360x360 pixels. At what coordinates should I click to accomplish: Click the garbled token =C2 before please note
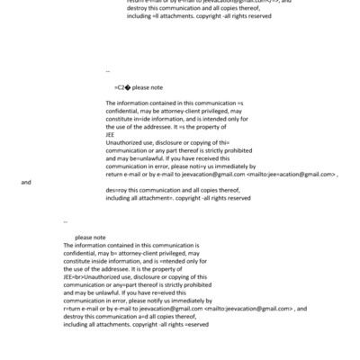click(121, 88)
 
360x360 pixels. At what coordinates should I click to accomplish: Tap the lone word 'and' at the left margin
click(26, 182)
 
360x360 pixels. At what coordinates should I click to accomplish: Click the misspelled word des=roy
click(116, 191)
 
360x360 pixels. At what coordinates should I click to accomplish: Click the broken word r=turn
click(73, 308)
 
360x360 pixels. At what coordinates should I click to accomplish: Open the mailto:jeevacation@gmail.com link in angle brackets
click(267, 308)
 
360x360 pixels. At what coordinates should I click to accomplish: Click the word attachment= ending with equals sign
click(153, 198)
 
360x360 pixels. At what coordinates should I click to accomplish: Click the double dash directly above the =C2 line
click(108, 69)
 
